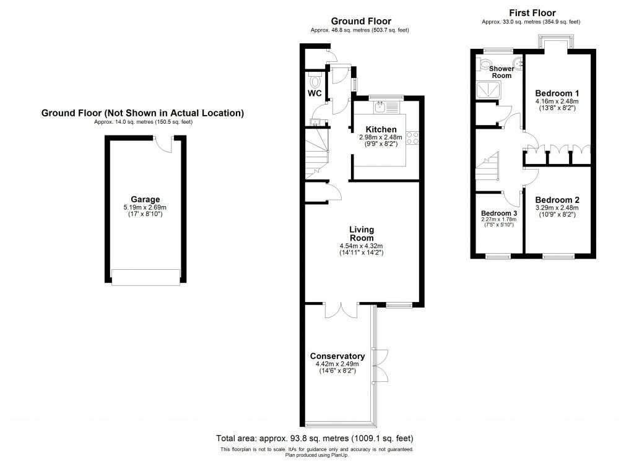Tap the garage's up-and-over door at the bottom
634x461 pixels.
145,277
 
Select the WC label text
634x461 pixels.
315,94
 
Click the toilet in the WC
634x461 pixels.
315,80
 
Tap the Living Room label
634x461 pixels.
362,234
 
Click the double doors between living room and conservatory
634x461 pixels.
341,309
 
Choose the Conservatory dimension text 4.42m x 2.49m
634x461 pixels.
337,364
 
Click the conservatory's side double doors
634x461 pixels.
382,364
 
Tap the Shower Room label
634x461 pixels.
502,72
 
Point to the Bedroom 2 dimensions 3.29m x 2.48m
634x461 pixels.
557,208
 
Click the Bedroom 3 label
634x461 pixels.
498,213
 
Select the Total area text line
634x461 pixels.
315,437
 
